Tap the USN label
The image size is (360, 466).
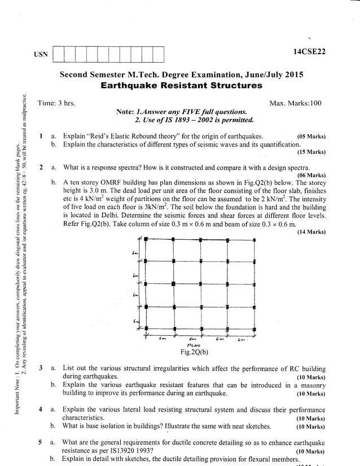click(x=41, y=55)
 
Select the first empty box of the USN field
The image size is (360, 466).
click(x=58, y=55)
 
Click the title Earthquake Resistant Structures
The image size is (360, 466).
click(x=181, y=86)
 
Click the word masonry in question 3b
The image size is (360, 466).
click(x=312, y=385)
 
